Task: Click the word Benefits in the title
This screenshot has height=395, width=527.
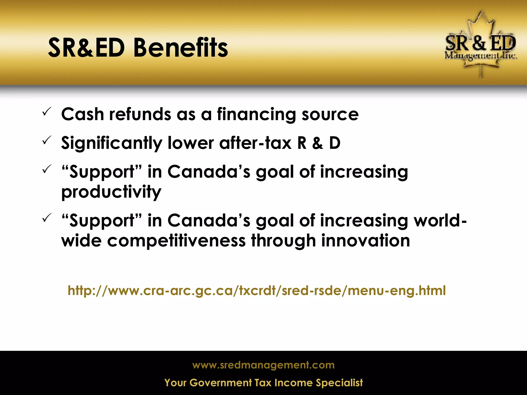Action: click(181, 48)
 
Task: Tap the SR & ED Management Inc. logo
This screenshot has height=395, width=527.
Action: click(480, 45)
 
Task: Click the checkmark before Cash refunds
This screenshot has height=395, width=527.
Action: click(47, 112)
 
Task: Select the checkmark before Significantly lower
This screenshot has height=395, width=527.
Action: click(47, 140)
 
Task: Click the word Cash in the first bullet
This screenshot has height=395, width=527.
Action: click(82, 114)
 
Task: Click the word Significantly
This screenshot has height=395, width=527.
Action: click(112, 143)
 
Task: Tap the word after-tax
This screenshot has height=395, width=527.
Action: click(255, 143)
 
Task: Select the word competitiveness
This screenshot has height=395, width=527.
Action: click(176, 241)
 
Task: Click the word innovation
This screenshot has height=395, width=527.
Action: click(365, 241)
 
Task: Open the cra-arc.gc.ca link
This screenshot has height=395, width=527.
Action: click(257, 291)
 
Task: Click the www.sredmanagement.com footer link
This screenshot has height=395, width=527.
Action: click(263, 365)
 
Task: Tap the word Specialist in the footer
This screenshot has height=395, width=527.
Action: click(339, 383)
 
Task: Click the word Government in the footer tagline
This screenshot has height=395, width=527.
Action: click(221, 383)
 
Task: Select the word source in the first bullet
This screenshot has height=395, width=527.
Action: click(330, 115)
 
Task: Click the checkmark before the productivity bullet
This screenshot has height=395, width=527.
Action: click(47, 169)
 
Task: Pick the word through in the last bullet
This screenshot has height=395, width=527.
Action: click(283, 241)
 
